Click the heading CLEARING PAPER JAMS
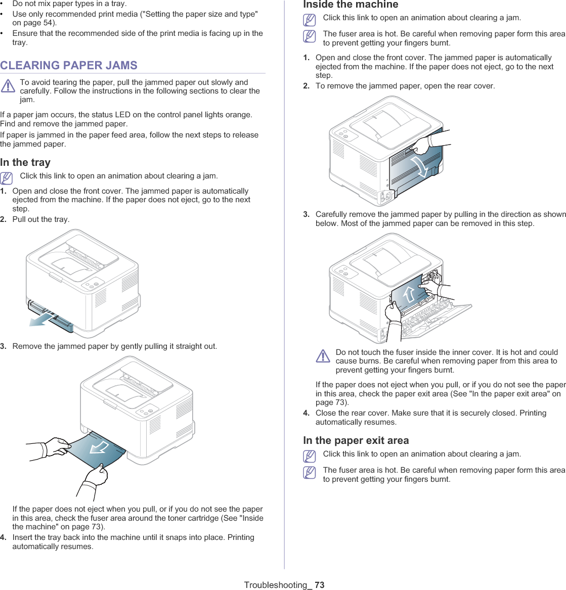69,65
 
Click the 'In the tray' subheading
25,162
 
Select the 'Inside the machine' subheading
351,5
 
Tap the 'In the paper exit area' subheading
356,440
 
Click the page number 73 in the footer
319,585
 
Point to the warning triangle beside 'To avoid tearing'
8,86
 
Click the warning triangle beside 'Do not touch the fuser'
323,356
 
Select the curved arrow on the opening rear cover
420,167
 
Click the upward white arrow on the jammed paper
409,294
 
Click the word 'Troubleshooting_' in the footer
278,585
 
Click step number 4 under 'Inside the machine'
306,413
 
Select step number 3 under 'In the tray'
4,346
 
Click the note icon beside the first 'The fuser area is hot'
310,36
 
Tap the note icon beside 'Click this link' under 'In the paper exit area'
310,457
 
